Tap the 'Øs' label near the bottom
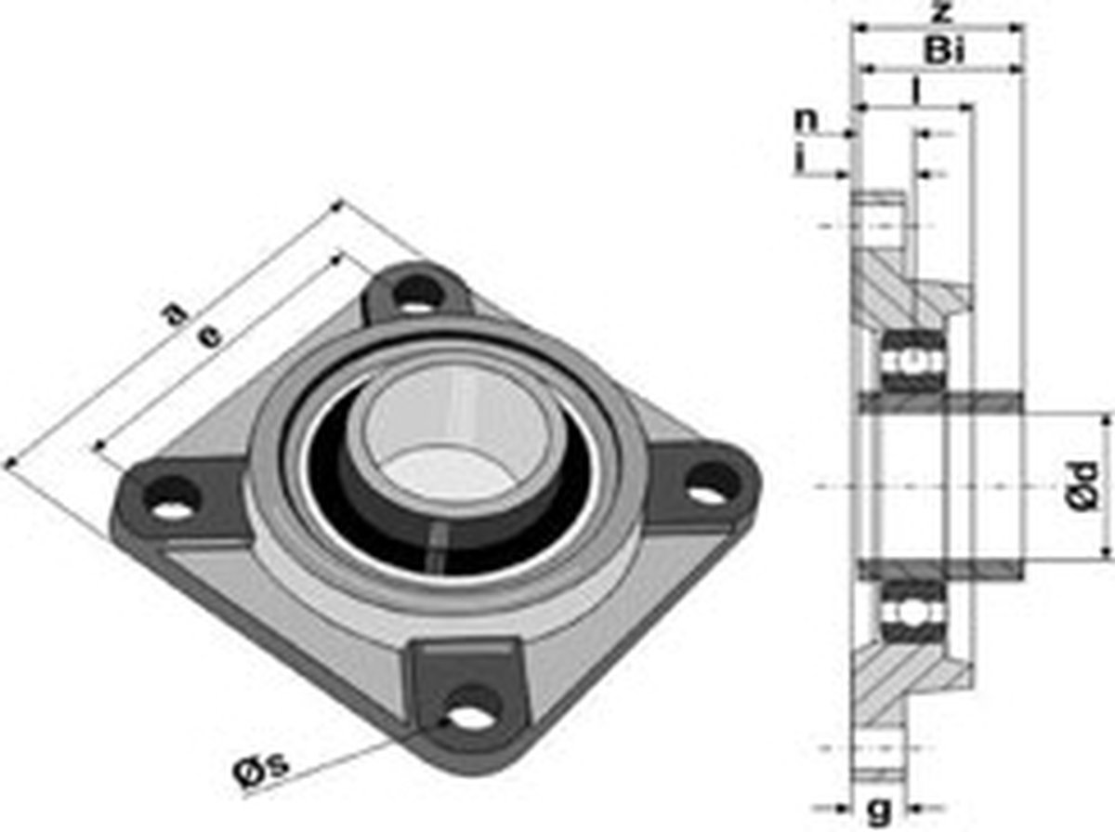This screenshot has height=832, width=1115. (260, 772)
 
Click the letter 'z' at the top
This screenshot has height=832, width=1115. (941, 12)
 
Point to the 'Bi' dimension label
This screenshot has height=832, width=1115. (944, 51)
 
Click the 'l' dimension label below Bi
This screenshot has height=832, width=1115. (916, 91)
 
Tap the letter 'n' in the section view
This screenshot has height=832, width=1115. (807, 119)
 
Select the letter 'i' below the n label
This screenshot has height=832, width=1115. (800, 160)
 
